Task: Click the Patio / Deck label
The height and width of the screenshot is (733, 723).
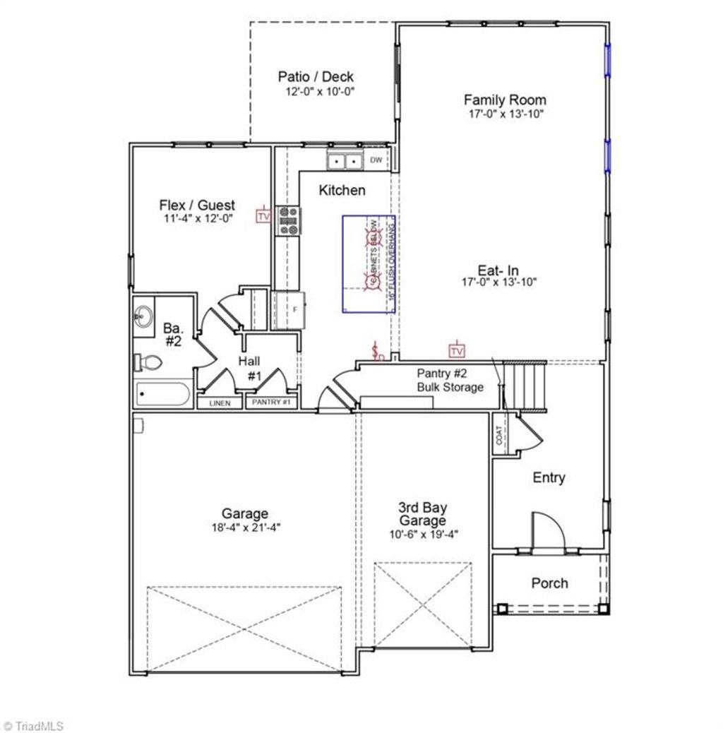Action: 316,77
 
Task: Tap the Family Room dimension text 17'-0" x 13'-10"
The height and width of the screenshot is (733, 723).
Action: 504,113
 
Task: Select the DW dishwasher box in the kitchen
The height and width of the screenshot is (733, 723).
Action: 376,160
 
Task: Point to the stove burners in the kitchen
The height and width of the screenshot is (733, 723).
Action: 289,220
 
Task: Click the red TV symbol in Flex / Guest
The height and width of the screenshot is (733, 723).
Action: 264,215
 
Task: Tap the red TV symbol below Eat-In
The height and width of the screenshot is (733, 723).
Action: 457,350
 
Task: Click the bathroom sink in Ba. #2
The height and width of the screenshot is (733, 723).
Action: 145,316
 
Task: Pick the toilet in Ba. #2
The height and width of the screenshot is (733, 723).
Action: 148,362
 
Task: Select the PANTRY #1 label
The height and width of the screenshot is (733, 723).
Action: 271,403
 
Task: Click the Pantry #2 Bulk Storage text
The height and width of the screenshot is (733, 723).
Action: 450,381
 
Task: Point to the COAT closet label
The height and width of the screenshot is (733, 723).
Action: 500,435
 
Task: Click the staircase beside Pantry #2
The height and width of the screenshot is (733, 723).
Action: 527,386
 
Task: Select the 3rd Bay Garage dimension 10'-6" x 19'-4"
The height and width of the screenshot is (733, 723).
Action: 423,535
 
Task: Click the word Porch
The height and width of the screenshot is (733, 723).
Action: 549,583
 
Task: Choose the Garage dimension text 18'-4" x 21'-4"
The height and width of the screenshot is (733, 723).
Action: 245,527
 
